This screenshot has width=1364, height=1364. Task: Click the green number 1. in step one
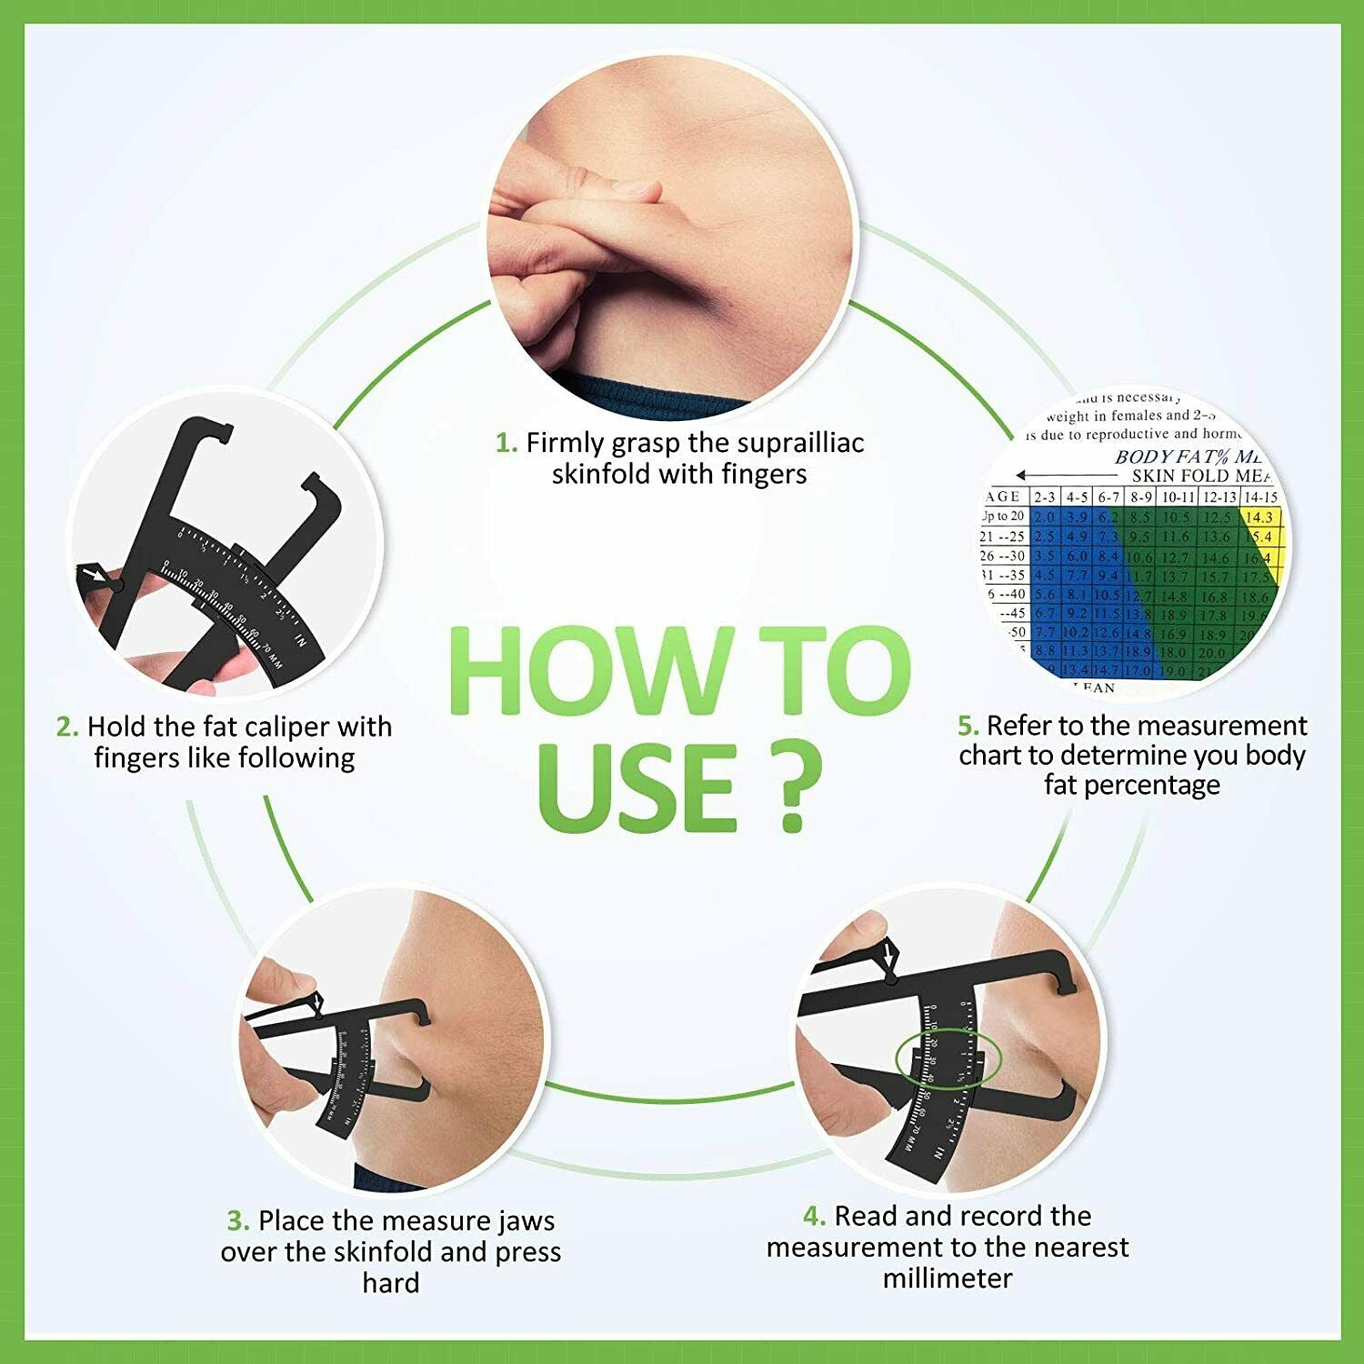click(x=506, y=443)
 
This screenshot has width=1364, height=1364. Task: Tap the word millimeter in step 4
click(x=947, y=1278)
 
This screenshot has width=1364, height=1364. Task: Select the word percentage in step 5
click(x=1131, y=785)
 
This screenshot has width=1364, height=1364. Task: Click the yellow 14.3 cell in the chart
click(x=1260, y=517)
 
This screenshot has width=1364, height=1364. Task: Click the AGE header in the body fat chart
click(x=1004, y=496)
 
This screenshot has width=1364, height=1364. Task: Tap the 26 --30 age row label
click(x=1003, y=556)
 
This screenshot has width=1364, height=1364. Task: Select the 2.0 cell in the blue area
click(x=1045, y=517)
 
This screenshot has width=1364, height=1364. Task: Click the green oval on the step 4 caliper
click(x=948, y=1058)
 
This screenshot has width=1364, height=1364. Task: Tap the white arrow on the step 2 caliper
click(x=93, y=575)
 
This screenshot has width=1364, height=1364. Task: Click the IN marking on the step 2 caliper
click(x=301, y=643)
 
